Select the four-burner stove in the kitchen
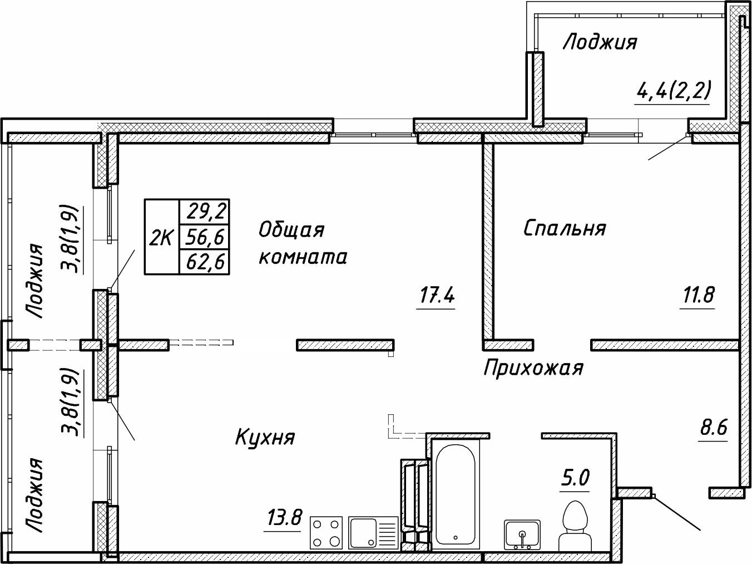[326, 532]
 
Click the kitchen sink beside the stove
[373, 532]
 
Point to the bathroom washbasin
[522, 534]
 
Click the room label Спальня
[565, 228]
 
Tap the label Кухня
[265, 438]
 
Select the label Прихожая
[533, 368]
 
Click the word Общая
[291, 229]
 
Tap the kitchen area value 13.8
[282, 519]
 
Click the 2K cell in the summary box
[161, 238]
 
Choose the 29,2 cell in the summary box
[204, 212]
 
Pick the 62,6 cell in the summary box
[204, 262]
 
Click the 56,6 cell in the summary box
[204, 238]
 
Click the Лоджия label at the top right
[600, 42]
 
